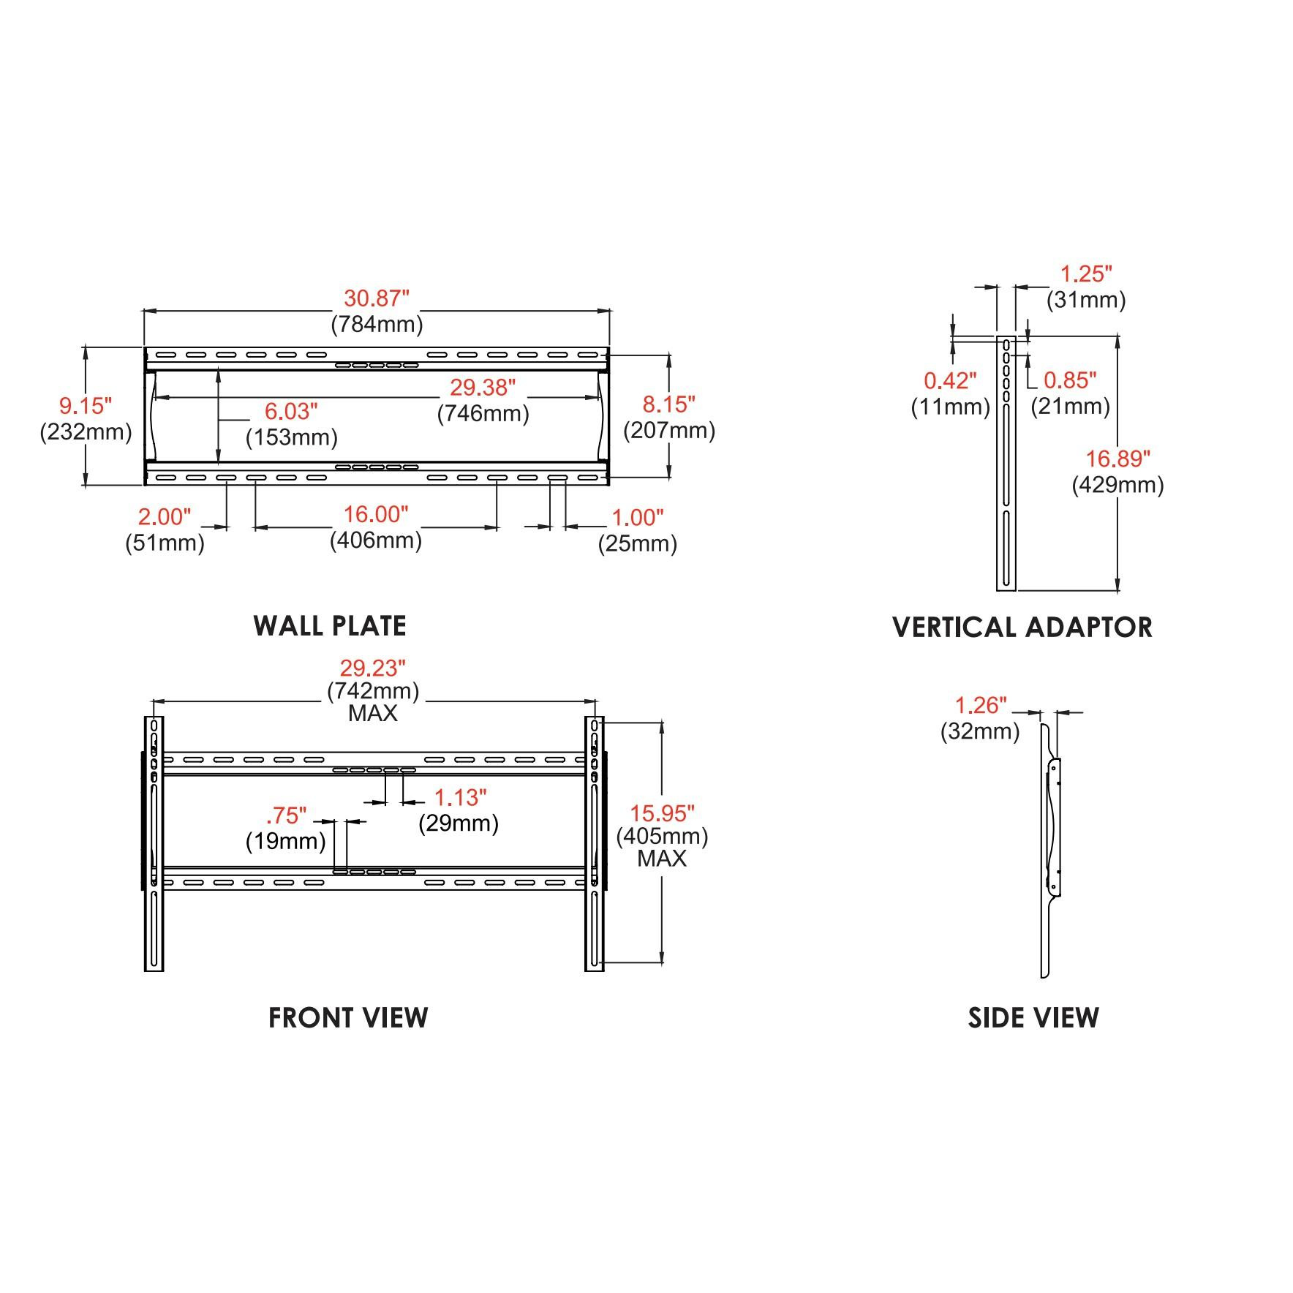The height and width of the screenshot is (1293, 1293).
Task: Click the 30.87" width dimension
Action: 377,298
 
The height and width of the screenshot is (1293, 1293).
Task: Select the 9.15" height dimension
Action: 86,405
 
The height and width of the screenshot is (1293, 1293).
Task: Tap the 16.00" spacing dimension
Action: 376,514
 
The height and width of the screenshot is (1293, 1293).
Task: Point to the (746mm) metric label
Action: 483,414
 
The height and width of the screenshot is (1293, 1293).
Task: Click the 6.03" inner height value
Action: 292,412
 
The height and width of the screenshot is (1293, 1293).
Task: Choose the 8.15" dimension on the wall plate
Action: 669,404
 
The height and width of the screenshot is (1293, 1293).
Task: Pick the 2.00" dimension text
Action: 165,517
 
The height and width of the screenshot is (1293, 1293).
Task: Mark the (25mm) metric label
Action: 638,544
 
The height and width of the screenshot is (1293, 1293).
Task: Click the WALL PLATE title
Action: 330,626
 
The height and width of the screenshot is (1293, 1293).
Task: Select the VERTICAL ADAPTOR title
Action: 1022,627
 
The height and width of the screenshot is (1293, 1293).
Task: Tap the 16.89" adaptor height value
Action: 1118,459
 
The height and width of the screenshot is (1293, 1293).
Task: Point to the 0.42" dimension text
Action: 951,380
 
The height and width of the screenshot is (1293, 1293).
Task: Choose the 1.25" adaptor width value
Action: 1087,274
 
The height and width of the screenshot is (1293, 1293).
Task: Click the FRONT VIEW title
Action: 348,1018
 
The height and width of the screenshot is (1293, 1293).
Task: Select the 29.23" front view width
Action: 372,668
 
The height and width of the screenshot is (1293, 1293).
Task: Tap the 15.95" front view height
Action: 663,813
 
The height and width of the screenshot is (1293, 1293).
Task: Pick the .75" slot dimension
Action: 286,815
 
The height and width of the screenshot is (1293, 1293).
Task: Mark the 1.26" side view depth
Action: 981,705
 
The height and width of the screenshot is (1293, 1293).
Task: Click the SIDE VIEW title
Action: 1033,1018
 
